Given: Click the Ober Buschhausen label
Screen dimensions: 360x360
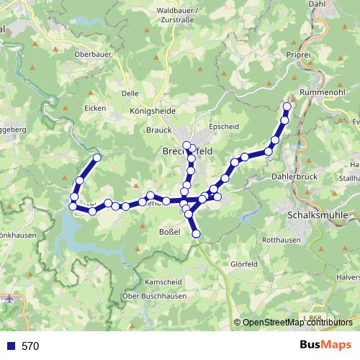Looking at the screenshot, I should click(x=156, y=296).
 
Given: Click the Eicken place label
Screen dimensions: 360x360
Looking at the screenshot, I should click(x=95, y=109).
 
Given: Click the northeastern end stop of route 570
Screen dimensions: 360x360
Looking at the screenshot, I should click(x=287, y=107).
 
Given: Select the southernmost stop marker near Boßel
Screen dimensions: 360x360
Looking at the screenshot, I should click(x=195, y=233).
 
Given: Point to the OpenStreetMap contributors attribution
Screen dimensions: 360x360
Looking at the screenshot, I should click(x=297, y=323).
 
